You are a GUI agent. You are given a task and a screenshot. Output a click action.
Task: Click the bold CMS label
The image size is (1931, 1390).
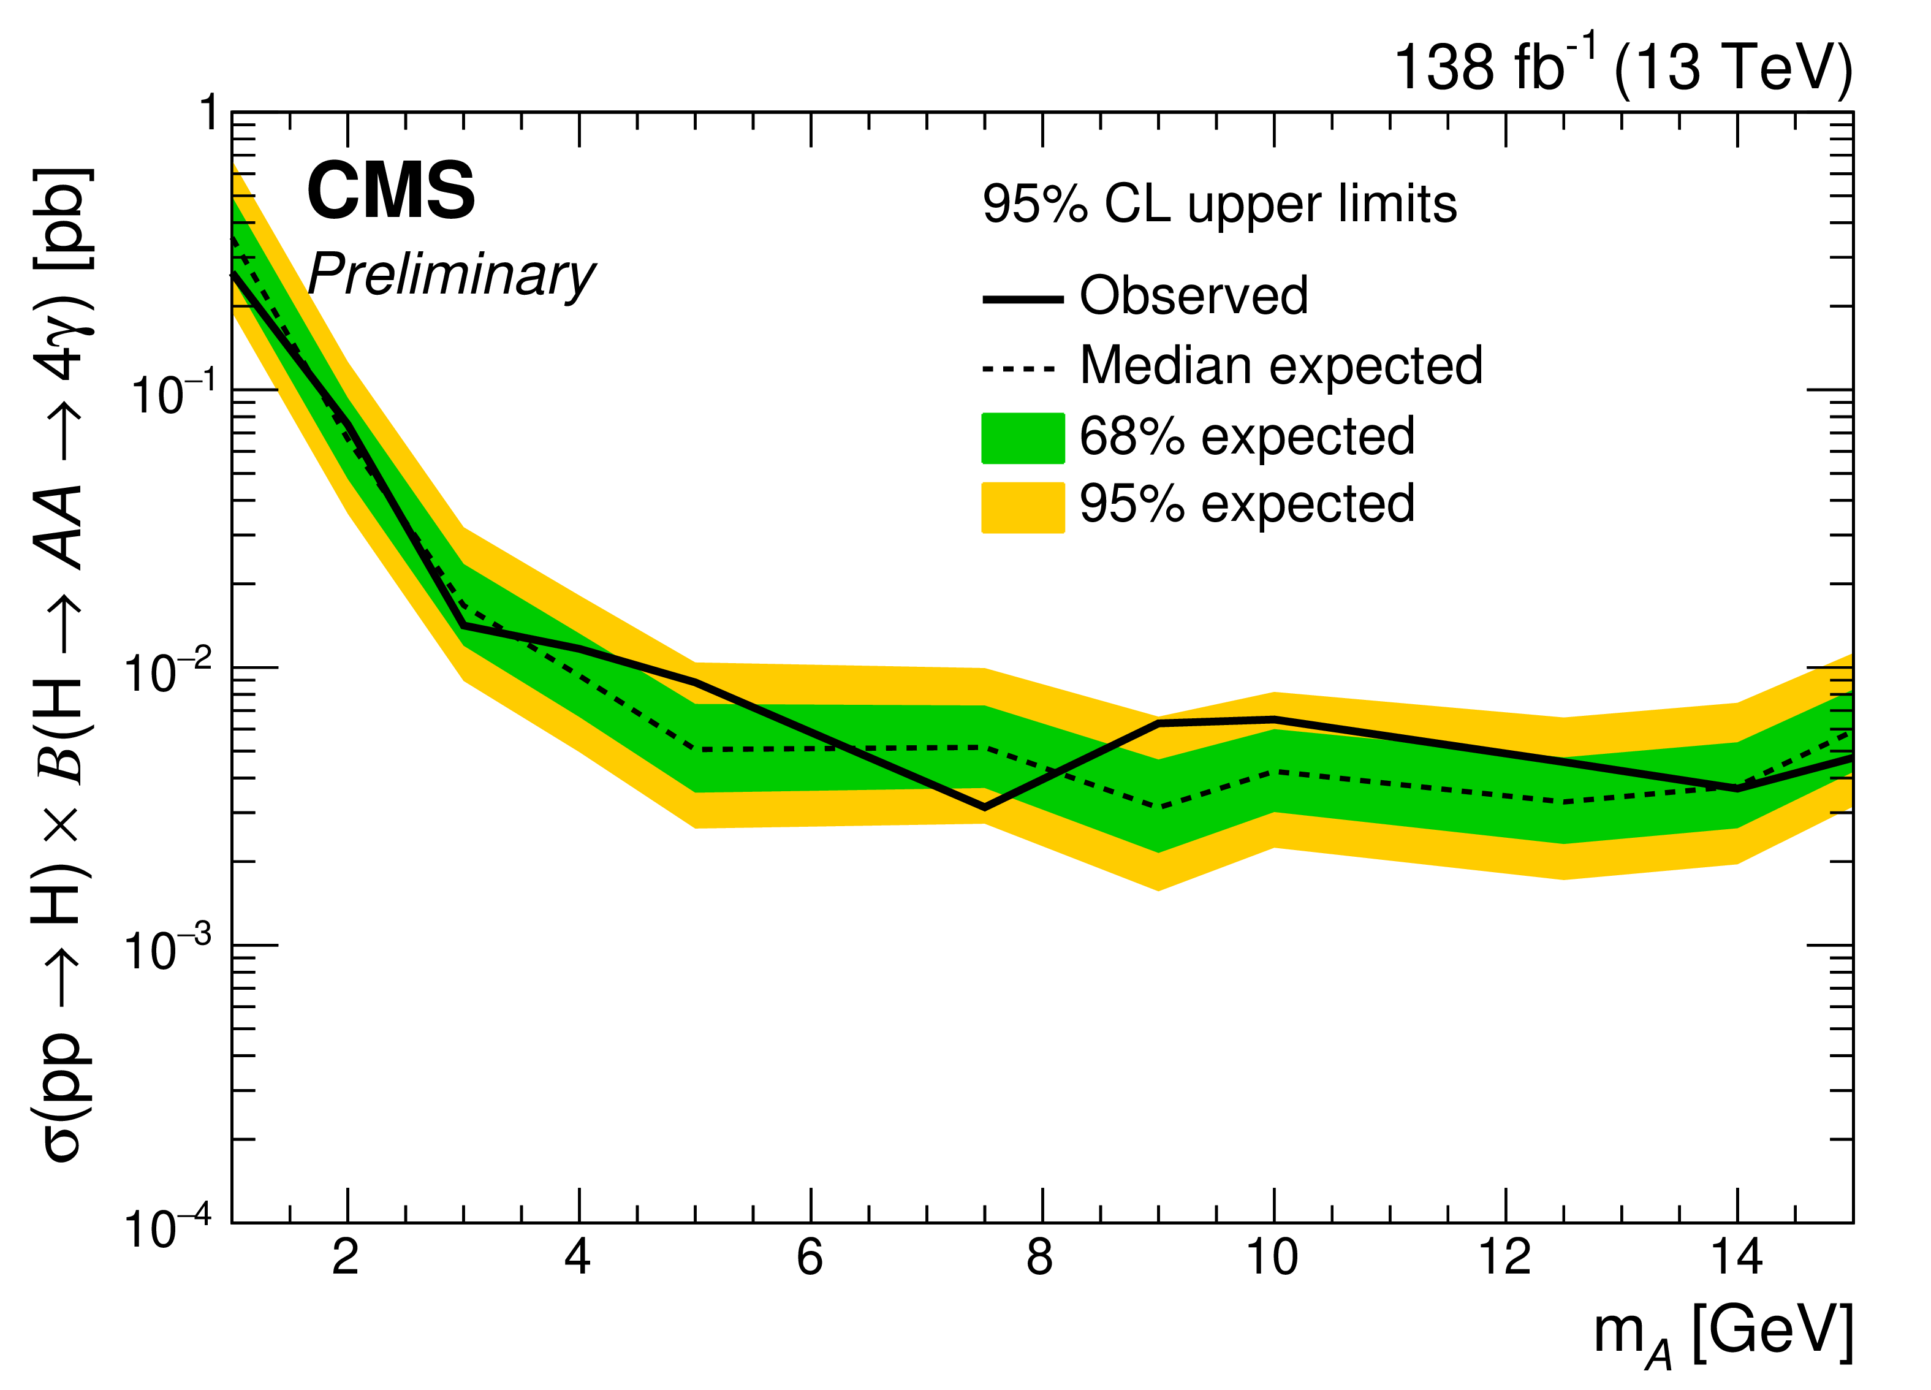[391, 192]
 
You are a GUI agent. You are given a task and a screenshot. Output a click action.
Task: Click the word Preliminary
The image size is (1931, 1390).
[451, 275]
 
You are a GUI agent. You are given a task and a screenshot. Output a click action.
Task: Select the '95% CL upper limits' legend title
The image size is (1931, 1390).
[1220, 205]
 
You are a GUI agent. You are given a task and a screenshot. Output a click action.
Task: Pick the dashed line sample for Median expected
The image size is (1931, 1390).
[1019, 369]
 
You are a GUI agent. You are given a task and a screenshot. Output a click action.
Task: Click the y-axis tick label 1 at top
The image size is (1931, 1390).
[208, 113]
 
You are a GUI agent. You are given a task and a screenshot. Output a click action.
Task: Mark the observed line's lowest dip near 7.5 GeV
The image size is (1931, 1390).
[984, 807]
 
